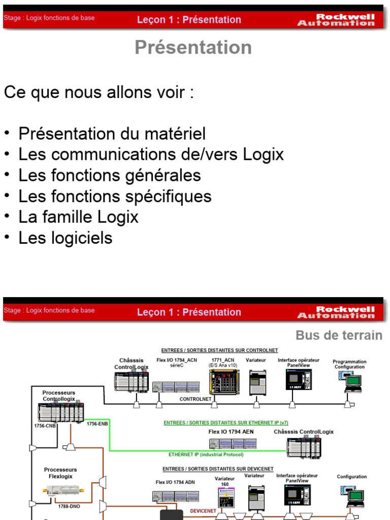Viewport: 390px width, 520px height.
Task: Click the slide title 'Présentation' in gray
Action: click(193, 47)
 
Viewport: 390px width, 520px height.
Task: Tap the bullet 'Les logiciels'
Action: click(65, 238)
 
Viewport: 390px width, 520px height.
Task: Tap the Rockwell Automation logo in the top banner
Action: click(336, 20)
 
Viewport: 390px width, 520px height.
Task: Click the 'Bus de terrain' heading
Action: click(339, 335)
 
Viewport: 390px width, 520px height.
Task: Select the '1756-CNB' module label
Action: click(45, 426)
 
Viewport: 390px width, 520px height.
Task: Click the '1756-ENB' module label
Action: click(97, 423)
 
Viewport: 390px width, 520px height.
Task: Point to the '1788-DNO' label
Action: click(69, 506)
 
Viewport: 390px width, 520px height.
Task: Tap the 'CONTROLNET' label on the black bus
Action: click(196, 399)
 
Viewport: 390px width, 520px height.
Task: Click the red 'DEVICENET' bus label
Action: click(203, 511)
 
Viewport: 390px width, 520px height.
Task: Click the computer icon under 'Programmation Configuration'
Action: click(351, 382)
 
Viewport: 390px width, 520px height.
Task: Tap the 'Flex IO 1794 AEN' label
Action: click(231, 432)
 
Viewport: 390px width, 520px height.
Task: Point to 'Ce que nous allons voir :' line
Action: click(99, 93)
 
